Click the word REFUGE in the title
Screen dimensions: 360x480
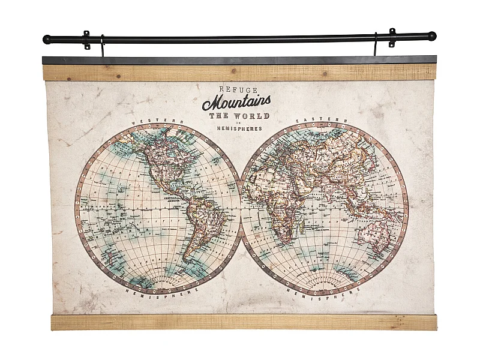226,88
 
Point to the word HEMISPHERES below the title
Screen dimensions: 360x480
236,128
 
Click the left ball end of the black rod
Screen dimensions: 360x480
47,40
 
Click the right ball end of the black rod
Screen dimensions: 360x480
432,36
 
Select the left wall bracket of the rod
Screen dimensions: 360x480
87,40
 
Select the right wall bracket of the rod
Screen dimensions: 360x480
392,37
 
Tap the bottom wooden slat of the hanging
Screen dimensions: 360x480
240,322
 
